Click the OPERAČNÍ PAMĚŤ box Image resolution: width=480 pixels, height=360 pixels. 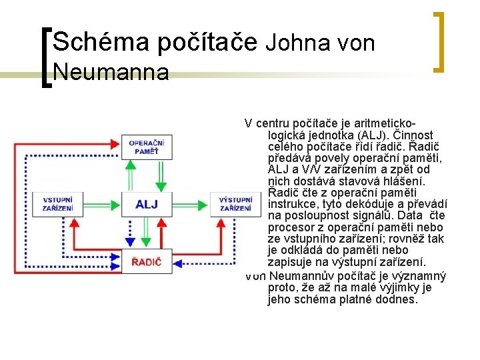[147, 147]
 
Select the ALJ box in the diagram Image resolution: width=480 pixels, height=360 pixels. [147, 204]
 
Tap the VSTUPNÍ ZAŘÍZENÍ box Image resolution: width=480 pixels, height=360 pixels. [58, 204]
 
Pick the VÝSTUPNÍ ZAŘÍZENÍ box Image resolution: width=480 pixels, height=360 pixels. [235, 204]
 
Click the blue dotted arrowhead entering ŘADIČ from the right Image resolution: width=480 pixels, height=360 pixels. [177, 263]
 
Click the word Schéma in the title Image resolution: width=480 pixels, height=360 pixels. [101, 43]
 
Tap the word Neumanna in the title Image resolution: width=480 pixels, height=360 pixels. [110, 71]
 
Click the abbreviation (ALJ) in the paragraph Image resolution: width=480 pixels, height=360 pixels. [364, 135]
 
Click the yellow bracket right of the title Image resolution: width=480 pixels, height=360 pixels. [439, 41]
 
